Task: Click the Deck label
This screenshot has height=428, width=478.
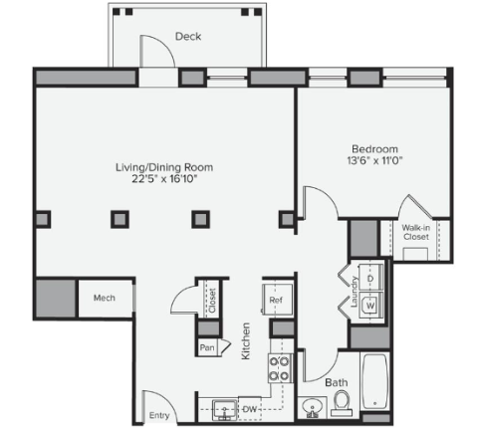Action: [x=188, y=36]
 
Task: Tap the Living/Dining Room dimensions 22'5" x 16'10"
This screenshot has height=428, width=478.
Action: [x=164, y=179]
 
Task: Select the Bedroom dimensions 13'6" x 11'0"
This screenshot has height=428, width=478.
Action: [x=374, y=160]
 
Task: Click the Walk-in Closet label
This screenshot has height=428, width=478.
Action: [x=416, y=232]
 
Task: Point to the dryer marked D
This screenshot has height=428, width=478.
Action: [x=370, y=279]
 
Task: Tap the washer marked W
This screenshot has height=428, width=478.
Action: [x=370, y=305]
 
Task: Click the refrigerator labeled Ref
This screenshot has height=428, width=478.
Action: [x=277, y=300]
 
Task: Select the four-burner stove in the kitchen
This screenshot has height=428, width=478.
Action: [x=280, y=368]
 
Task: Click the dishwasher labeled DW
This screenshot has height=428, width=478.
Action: [x=250, y=409]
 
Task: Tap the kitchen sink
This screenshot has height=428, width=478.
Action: [x=225, y=410]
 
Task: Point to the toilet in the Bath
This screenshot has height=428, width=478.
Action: [x=342, y=403]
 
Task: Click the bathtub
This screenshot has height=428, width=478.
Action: [x=374, y=381]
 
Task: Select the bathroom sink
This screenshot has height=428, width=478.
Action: [x=313, y=407]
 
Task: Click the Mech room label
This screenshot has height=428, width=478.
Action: [x=105, y=298]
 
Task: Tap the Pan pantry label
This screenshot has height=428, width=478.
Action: [x=207, y=347]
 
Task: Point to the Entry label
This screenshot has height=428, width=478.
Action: [x=159, y=415]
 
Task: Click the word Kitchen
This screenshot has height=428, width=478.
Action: [x=246, y=341]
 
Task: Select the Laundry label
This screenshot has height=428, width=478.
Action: [x=354, y=292]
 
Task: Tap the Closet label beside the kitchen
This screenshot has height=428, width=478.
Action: [x=212, y=301]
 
